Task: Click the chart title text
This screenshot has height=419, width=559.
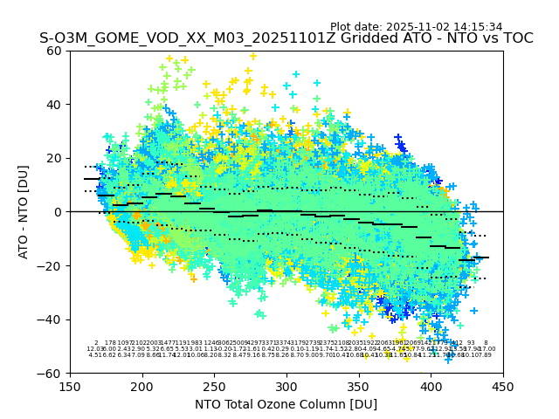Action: point(286,38)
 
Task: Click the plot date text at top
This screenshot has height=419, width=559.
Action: point(416,27)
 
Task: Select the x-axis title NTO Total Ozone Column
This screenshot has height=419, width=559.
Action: point(286,404)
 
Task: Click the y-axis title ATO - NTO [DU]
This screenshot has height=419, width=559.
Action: point(24,211)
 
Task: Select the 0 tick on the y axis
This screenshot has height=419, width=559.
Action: point(59,212)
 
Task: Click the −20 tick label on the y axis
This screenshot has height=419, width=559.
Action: point(52,265)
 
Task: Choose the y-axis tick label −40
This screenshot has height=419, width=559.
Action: point(52,319)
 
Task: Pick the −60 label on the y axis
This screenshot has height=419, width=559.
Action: point(52,373)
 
